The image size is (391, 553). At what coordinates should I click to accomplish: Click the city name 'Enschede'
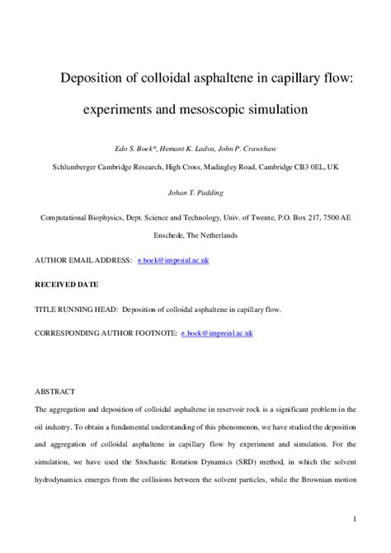tap(173, 235)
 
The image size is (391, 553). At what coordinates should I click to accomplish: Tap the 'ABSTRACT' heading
tap(54, 391)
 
